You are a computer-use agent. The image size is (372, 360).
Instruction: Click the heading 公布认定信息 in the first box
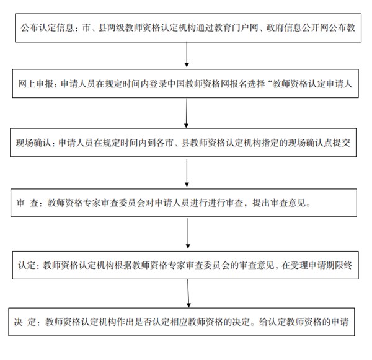pyautogui.click(x=47, y=28)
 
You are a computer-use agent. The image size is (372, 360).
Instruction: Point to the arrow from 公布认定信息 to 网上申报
pyautogui.click(x=187, y=54)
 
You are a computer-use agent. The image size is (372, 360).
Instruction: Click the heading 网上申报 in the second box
pyautogui.click(x=35, y=84)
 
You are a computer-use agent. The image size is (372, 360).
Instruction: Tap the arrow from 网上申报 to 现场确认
pyautogui.click(x=187, y=113)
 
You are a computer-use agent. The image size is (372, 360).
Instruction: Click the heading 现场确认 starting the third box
pyautogui.click(x=33, y=143)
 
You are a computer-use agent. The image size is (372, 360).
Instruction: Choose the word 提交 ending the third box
pyautogui.click(x=342, y=143)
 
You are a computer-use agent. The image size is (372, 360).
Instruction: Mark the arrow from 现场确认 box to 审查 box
pyautogui.click(x=187, y=173)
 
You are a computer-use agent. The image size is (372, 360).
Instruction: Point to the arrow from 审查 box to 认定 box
pyautogui.click(x=188, y=234)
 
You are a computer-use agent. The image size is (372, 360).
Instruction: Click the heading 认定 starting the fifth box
pyautogui.click(x=27, y=265)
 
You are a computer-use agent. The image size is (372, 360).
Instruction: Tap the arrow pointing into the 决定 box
pyautogui.click(x=188, y=293)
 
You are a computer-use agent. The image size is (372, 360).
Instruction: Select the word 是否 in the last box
pyautogui.click(x=143, y=322)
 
